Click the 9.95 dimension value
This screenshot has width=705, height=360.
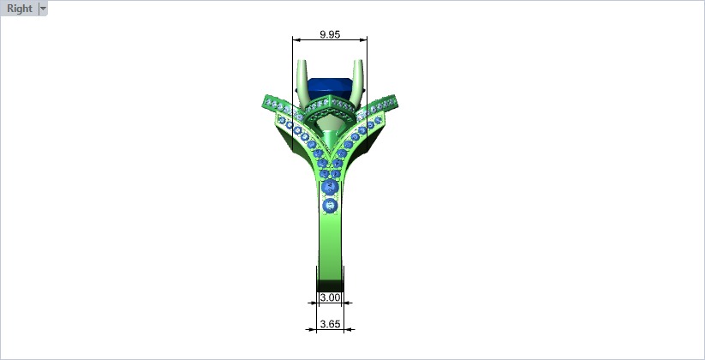[330, 34]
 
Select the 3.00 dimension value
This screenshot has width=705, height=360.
[330, 298]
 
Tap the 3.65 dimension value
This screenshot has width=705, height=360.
[330, 324]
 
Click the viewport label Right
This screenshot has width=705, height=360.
[19, 9]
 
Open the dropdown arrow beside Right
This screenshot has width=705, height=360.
[44, 9]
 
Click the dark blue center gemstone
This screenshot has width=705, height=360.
[330, 86]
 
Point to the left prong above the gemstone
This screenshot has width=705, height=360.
[303, 77]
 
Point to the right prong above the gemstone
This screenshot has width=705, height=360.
[357, 77]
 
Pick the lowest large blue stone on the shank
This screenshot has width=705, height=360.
[329, 206]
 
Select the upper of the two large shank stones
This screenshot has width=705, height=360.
[329, 189]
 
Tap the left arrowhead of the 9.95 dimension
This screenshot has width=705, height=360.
[296, 39]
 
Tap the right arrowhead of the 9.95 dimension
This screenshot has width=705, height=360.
[364, 39]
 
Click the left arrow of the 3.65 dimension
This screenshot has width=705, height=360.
[308, 327]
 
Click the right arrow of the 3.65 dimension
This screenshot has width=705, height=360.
[350, 327]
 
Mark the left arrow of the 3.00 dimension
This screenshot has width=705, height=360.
[312, 302]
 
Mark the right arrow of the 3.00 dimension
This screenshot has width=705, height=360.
[347, 302]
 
